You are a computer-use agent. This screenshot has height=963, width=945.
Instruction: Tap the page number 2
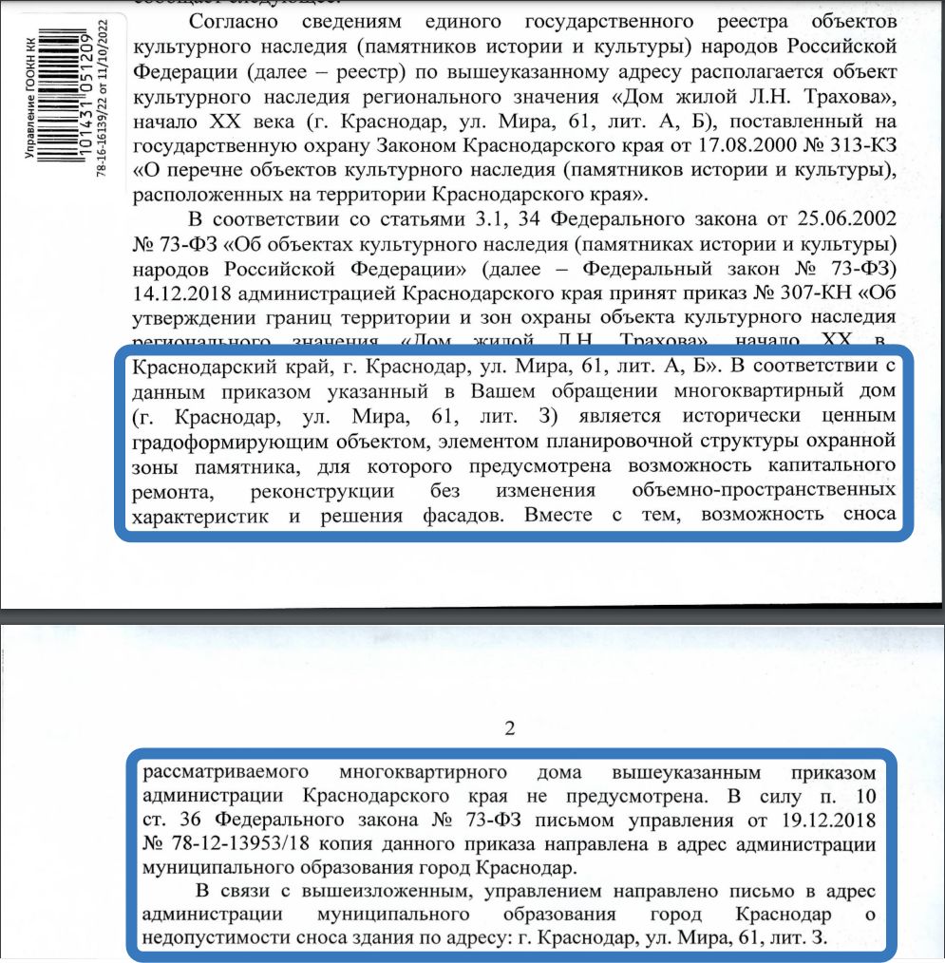point(510,729)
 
